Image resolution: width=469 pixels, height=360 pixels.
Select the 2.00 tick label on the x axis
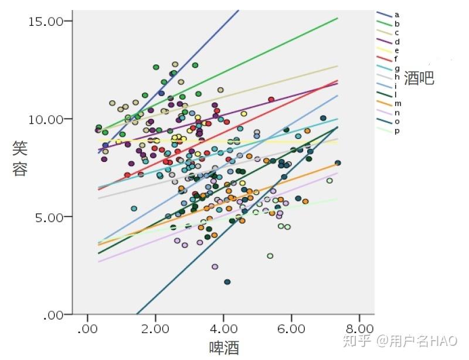click(155, 329)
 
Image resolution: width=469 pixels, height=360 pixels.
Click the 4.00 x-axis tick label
click(223, 329)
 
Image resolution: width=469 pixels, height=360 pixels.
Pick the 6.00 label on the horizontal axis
click(291, 329)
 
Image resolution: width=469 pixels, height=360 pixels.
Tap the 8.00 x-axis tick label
click(359, 329)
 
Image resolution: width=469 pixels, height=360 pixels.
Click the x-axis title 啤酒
click(224, 348)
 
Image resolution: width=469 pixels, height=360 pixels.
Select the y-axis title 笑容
click(20, 159)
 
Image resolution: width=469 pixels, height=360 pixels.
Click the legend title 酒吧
click(419, 79)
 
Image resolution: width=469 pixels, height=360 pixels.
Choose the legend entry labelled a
click(388, 15)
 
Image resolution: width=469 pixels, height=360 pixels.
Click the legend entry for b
click(388, 23)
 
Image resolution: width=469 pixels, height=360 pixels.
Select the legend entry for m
click(389, 104)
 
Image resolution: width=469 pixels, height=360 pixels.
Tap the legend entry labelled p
click(388, 131)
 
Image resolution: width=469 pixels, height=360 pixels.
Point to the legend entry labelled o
click(388, 122)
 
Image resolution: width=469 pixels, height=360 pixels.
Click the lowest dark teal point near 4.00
click(227, 282)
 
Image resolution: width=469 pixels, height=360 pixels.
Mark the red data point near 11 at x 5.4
click(271, 99)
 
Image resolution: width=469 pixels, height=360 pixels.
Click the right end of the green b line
click(338, 18)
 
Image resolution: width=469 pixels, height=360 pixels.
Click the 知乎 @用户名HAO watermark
click(400, 341)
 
